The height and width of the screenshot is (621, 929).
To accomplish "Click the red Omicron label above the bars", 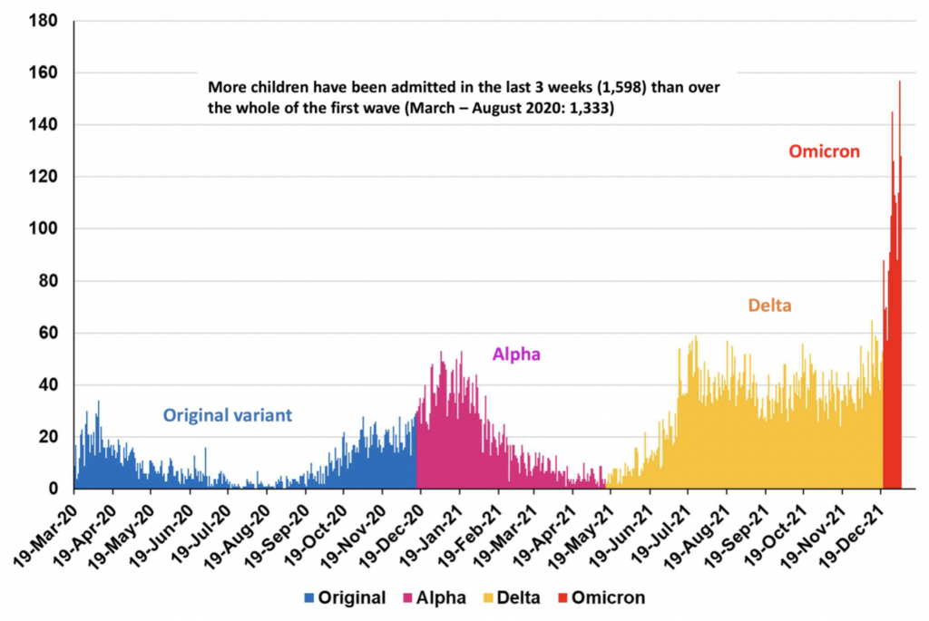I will [x=823, y=151].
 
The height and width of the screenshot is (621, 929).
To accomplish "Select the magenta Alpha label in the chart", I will [x=516, y=354].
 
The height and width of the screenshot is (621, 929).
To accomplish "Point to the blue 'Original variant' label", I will [x=227, y=415].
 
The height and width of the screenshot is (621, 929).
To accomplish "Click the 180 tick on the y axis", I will [x=45, y=20].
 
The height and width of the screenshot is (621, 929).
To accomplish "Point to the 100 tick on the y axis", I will [x=45, y=228].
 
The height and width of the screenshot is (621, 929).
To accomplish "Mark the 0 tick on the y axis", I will [x=53, y=490].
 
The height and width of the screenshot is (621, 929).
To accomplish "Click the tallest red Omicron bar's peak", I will [x=899, y=82].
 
